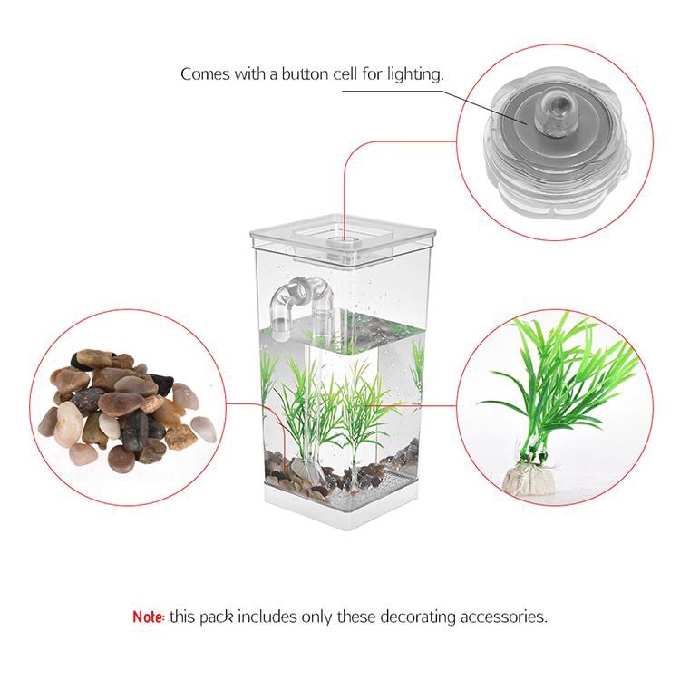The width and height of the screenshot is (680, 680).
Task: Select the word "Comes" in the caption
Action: (204, 74)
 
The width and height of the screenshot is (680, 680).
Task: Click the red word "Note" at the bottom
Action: (148, 617)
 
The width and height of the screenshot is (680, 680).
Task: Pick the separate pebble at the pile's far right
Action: (204, 429)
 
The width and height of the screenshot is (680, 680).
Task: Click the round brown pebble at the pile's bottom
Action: (121, 459)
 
